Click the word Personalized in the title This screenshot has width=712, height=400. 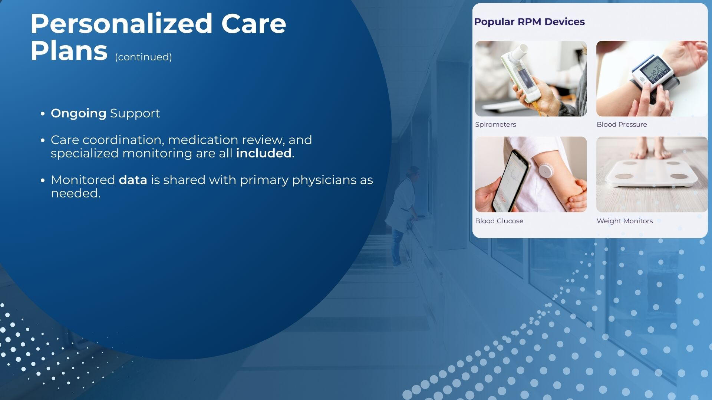[121, 24]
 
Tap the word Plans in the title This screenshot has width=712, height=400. [69, 51]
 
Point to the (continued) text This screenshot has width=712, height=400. [144, 57]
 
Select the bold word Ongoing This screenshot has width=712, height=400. [79, 113]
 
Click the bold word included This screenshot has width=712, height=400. [264, 153]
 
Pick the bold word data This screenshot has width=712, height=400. [133, 180]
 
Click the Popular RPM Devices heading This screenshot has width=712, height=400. [529, 22]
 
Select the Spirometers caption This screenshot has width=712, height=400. [495, 124]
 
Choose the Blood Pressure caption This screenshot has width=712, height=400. [622, 124]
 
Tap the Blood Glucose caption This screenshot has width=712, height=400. [499, 221]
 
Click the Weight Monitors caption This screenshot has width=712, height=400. [624, 221]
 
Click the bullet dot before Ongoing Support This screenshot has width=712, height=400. [43, 114]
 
